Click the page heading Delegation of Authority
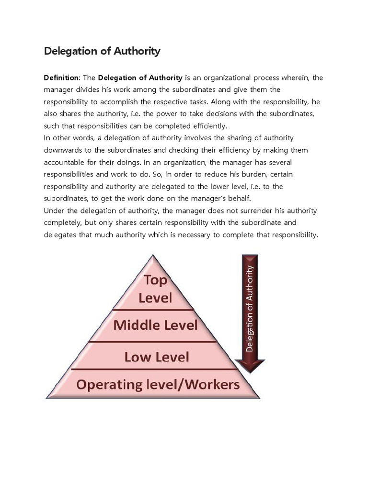point(102,51)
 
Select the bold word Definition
point(62,78)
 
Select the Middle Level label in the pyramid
point(155,325)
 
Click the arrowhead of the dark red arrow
point(250,366)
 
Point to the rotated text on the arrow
point(250,309)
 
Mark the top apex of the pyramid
point(153,256)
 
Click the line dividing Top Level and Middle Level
point(154,310)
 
